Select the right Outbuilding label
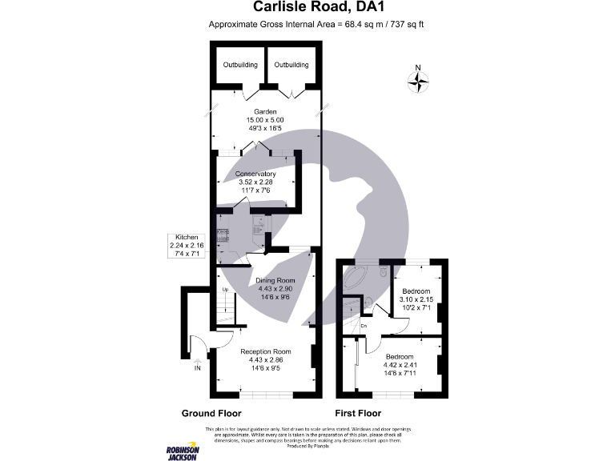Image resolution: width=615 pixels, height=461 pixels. pyautogui.click(x=288, y=64)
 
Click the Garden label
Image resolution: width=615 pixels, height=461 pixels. pyautogui.click(x=265, y=111)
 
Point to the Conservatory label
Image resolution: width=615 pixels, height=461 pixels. pyautogui.click(x=255, y=174)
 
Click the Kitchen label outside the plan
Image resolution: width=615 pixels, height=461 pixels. pyautogui.click(x=187, y=239)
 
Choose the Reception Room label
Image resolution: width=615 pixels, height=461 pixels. pyautogui.click(x=265, y=351)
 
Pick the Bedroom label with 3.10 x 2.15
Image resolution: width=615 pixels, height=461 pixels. pyautogui.click(x=416, y=291)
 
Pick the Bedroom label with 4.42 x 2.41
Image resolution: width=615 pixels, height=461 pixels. pyautogui.click(x=400, y=356)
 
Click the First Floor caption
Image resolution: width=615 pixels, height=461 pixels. pyautogui.click(x=357, y=414)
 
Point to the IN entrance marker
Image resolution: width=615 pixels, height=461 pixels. pyautogui.click(x=197, y=367)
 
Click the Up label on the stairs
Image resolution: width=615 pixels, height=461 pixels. pyautogui.click(x=225, y=289)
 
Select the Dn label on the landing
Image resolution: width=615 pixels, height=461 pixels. pyautogui.click(x=363, y=326)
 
